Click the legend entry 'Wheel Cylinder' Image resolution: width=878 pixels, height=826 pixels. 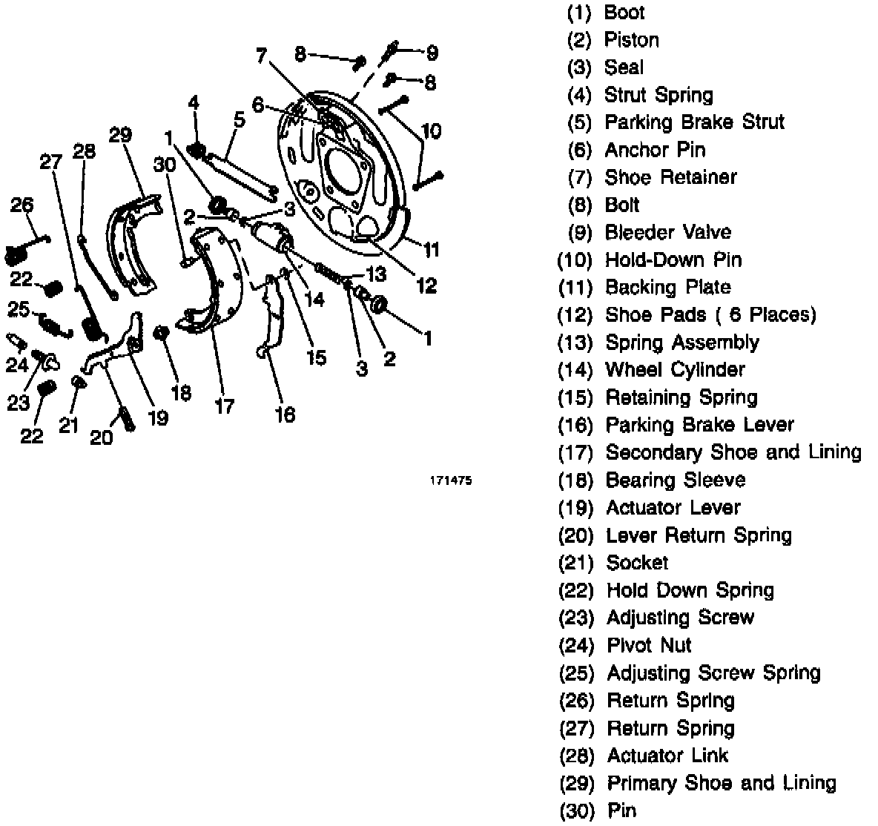[x=675, y=369]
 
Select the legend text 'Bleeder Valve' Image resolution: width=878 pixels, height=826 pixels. [x=667, y=232]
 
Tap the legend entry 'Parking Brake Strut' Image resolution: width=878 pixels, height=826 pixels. [x=694, y=122]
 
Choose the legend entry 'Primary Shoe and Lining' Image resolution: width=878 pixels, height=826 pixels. [x=721, y=783]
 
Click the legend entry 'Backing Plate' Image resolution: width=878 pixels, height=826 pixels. [x=667, y=287]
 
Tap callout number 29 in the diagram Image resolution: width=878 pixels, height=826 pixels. [x=120, y=135]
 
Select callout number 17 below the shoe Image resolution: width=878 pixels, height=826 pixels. [x=224, y=406]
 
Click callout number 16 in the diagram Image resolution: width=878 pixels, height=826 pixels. [x=285, y=414]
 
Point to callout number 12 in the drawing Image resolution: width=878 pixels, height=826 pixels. [x=426, y=285]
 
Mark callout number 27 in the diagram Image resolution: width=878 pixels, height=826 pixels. [x=51, y=162]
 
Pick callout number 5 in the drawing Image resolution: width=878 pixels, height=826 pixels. [x=239, y=119]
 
